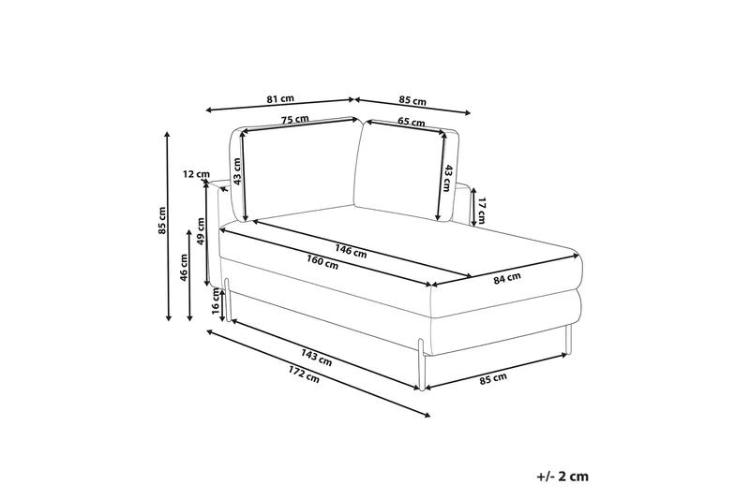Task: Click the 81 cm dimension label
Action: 280,99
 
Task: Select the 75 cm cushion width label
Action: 294,120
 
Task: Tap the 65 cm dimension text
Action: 412,122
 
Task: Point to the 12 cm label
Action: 196,174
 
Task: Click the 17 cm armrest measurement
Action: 481,211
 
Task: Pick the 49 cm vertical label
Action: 201,230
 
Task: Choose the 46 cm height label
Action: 184,267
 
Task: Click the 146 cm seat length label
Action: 351,251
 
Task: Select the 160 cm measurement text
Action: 322,262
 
